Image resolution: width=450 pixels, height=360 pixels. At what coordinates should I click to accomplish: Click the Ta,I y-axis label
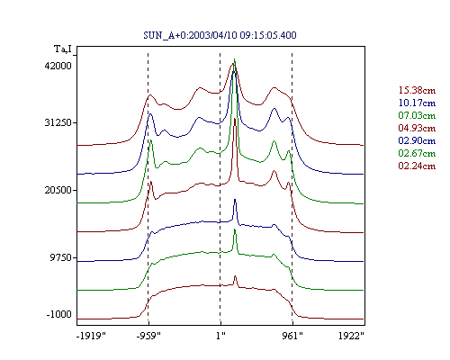click(63, 49)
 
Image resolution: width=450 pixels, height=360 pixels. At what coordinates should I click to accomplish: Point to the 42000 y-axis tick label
click(58, 66)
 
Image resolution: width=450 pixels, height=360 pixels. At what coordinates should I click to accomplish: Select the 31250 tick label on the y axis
click(57, 122)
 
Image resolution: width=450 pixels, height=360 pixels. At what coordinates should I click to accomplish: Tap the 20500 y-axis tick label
click(57, 190)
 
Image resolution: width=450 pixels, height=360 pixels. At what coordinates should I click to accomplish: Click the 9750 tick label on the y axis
click(59, 257)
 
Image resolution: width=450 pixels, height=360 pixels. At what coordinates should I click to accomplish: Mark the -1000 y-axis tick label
click(59, 314)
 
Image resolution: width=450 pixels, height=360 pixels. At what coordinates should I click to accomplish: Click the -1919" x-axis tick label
click(92, 336)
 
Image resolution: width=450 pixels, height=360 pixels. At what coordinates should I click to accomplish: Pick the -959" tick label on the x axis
click(148, 336)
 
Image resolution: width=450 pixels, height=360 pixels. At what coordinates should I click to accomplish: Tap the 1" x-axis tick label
click(220, 336)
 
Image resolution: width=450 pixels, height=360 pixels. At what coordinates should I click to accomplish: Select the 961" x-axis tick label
click(292, 336)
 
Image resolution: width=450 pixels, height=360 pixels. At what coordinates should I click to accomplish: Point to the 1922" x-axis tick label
click(351, 336)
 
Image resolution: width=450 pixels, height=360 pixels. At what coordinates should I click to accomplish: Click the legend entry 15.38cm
click(417, 90)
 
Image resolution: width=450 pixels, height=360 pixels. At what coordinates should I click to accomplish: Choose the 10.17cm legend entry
click(417, 103)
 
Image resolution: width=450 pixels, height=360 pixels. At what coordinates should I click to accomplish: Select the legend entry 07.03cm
click(417, 115)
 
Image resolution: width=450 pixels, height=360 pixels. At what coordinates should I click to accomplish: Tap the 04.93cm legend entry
click(417, 128)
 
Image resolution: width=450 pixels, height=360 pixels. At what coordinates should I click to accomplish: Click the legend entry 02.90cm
click(417, 140)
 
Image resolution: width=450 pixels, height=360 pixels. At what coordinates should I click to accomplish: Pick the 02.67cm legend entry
click(417, 153)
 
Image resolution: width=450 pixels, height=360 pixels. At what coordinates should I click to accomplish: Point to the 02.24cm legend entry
click(417, 166)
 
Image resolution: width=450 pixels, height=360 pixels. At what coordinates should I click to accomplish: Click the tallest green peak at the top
click(235, 59)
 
